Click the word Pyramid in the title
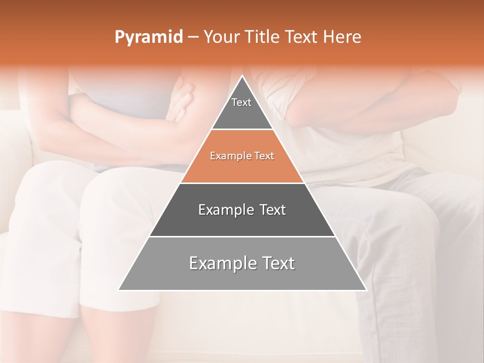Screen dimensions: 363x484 tap(149, 37)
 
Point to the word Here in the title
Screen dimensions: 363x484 tap(342, 37)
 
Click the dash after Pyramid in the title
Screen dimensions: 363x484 tap(193, 37)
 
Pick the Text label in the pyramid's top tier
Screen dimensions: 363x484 tap(241, 102)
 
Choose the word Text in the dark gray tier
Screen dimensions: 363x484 tap(273, 210)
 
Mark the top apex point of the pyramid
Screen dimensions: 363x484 tap(242, 76)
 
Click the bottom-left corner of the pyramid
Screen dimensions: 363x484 tap(118, 290)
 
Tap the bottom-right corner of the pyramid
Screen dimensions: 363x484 tap(366, 290)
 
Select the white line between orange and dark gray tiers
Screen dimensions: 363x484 tap(242, 183)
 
